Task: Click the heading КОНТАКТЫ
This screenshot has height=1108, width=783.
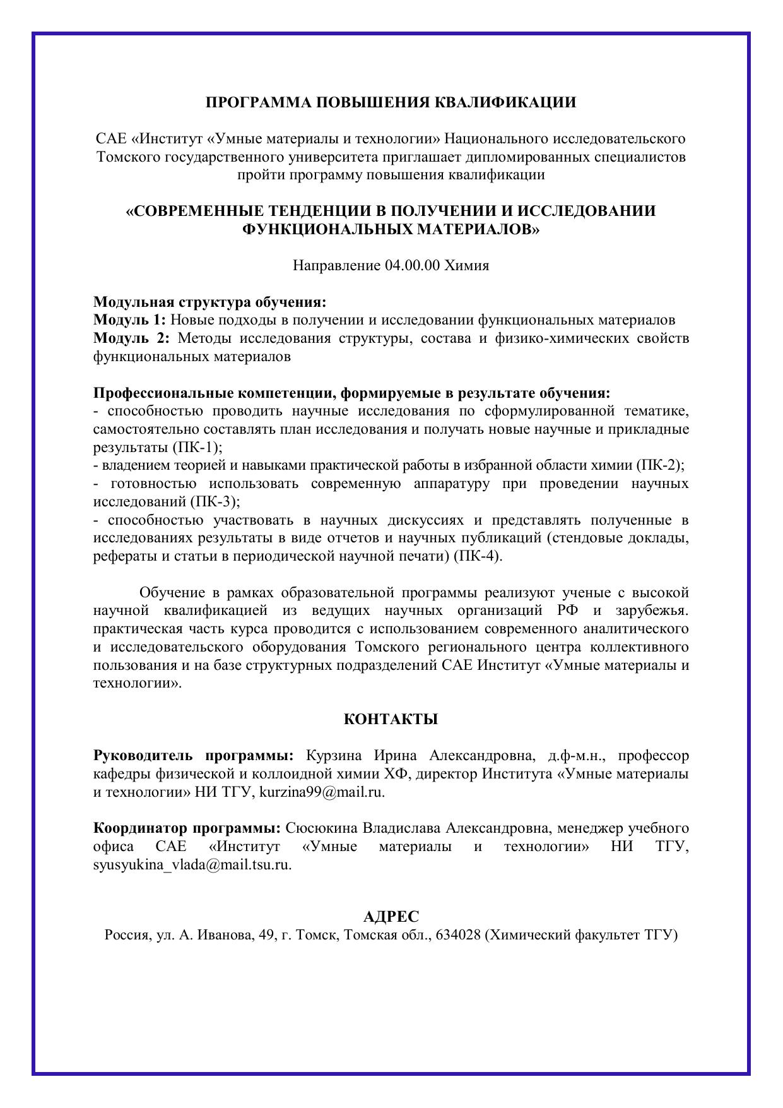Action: [x=391, y=719]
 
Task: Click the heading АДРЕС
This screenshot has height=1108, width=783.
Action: [x=391, y=917]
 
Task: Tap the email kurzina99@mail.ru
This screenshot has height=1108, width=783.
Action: [x=321, y=792]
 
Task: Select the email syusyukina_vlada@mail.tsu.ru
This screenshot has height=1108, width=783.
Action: [x=192, y=865]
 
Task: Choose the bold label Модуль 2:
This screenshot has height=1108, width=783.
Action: [x=131, y=338]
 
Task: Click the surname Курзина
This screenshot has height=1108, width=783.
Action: [x=334, y=756]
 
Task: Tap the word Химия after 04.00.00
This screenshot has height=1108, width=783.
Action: [x=467, y=265]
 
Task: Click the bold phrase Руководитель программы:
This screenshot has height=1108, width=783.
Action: [x=194, y=756]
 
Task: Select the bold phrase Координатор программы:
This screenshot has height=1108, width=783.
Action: [x=187, y=828]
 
